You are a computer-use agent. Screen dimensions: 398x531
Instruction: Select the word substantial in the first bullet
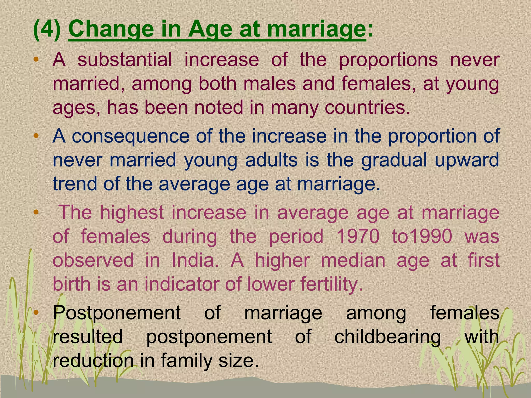coord(124,60)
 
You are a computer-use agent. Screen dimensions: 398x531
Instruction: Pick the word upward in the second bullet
coord(467,160)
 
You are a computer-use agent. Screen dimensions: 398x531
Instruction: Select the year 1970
coord(358,236)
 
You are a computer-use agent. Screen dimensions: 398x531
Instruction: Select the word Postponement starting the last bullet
coord(117,313)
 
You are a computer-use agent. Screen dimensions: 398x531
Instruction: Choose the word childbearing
coord(387,337)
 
